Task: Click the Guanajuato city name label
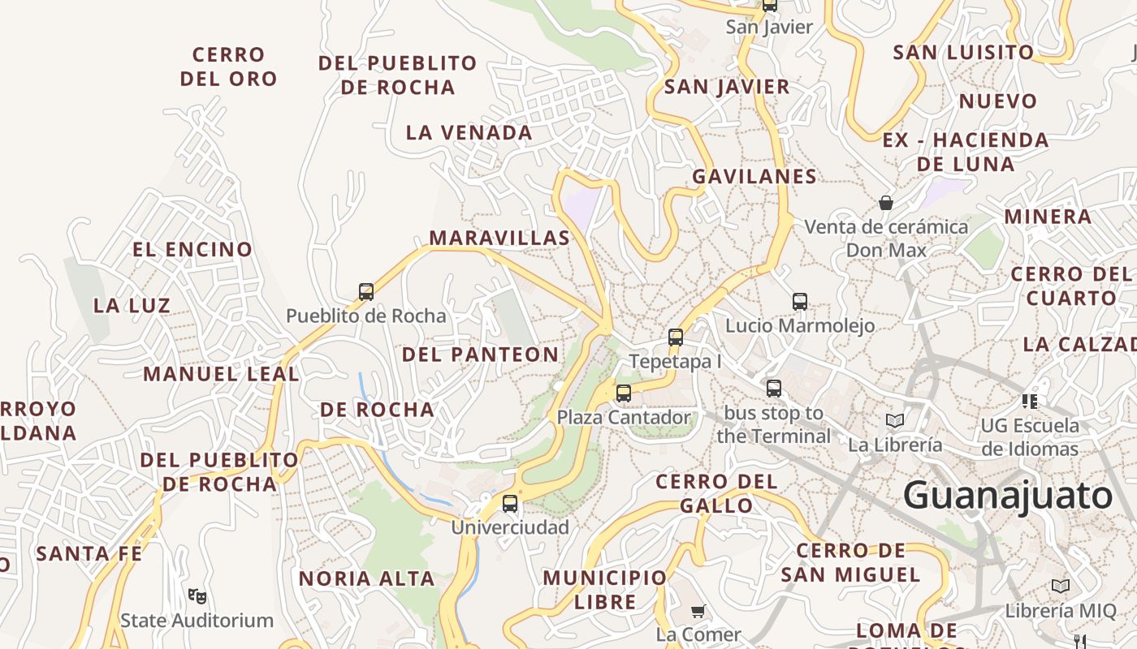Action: coord(1007,495)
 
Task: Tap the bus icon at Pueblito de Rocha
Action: coord(366,292)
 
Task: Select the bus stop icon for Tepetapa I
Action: coord(676,337)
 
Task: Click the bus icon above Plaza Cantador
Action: coord(624,393)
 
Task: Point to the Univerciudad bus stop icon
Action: coord(510,504)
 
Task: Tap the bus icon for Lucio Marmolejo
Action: coord(800,302)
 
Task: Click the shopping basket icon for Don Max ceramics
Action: coord(886,202)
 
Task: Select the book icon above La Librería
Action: coord(895,420)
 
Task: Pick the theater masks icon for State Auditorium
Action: coord(197,596)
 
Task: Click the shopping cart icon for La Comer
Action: coord(698,610)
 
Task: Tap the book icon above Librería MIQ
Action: coord(1061,586)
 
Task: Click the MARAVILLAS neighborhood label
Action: coord(499,238)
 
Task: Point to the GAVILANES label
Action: coord(754,176)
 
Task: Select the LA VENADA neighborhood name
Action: coord(469,132)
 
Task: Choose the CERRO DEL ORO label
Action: coord(229,67)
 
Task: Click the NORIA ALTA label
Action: coord(367,578)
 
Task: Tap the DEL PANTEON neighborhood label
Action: coord(481,355)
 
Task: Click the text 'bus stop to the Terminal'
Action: coord(773,424)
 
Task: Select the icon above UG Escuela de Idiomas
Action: coord(1030,400)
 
